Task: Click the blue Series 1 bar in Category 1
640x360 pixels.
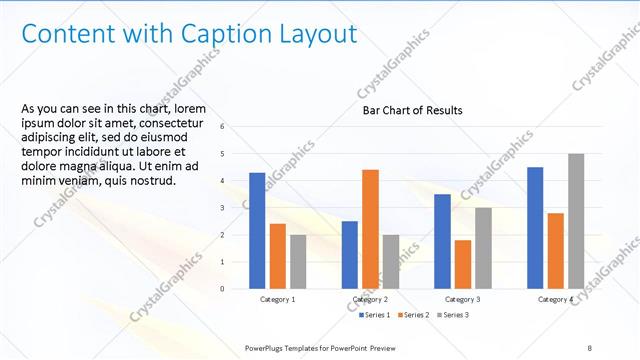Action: point(257,230)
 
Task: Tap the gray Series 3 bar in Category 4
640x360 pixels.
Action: point(576,221)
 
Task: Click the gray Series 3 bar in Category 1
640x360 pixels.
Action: point(299,261)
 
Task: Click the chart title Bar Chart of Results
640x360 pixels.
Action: point(412,110)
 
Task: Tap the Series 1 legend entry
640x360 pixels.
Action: point(376,316)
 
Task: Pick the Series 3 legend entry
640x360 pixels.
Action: point(451,316)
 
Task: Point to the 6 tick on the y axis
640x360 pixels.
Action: point(236,126)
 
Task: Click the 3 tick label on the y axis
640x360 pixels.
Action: point(236,208)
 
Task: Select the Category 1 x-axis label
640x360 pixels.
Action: point(278,300)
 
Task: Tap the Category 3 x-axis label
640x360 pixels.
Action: point(463,300)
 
